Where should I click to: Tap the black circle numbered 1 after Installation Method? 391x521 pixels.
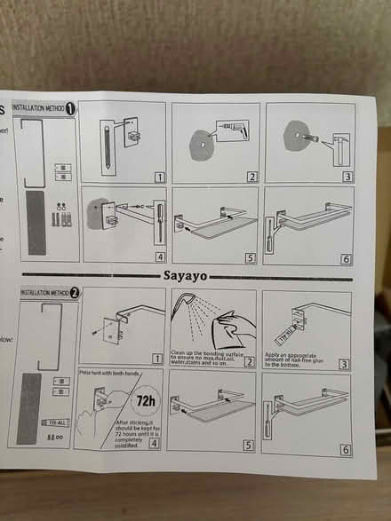click(x=71, y=107)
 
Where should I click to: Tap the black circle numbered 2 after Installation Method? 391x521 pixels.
click(x=74, y=292)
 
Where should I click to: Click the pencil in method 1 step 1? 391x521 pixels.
click(x=105, y=143)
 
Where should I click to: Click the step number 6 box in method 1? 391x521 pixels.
click(x=346, y=258)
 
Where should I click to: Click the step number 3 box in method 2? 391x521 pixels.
click(x=344, y=362)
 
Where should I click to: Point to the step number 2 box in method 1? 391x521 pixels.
click(x=251, y=177)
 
